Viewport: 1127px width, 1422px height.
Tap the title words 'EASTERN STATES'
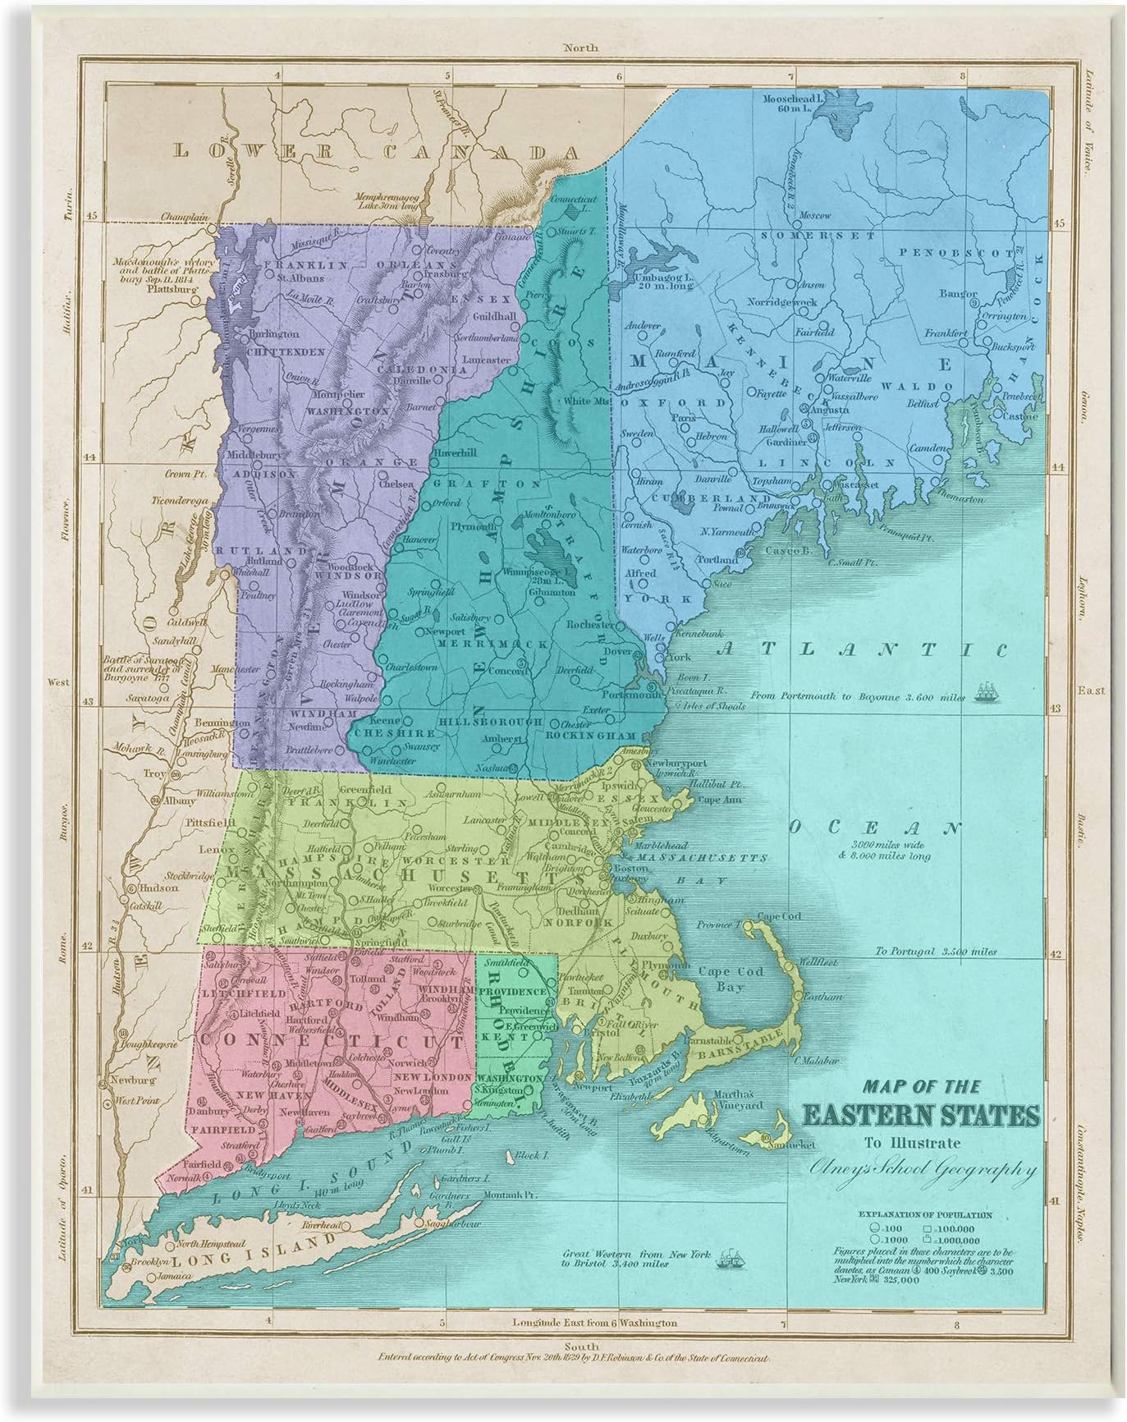[920, 1116]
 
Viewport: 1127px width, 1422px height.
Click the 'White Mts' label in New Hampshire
[584, 401]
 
